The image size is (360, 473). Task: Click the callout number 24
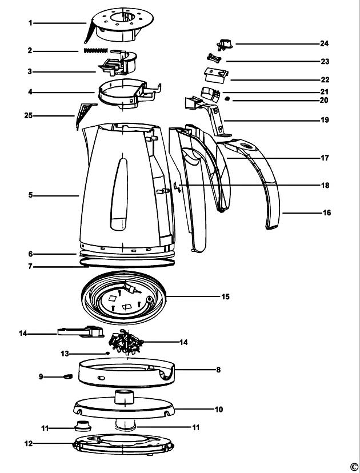[324, 43]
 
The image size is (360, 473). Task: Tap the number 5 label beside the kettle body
[30, 195]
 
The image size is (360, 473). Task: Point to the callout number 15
[225, 297]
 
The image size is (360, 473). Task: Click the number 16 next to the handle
[326, 213]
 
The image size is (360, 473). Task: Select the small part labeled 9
[67, 376]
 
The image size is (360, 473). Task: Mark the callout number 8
[218, 370]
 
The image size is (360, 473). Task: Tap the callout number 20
[324, 100]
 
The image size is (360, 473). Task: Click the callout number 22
[324, 80]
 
